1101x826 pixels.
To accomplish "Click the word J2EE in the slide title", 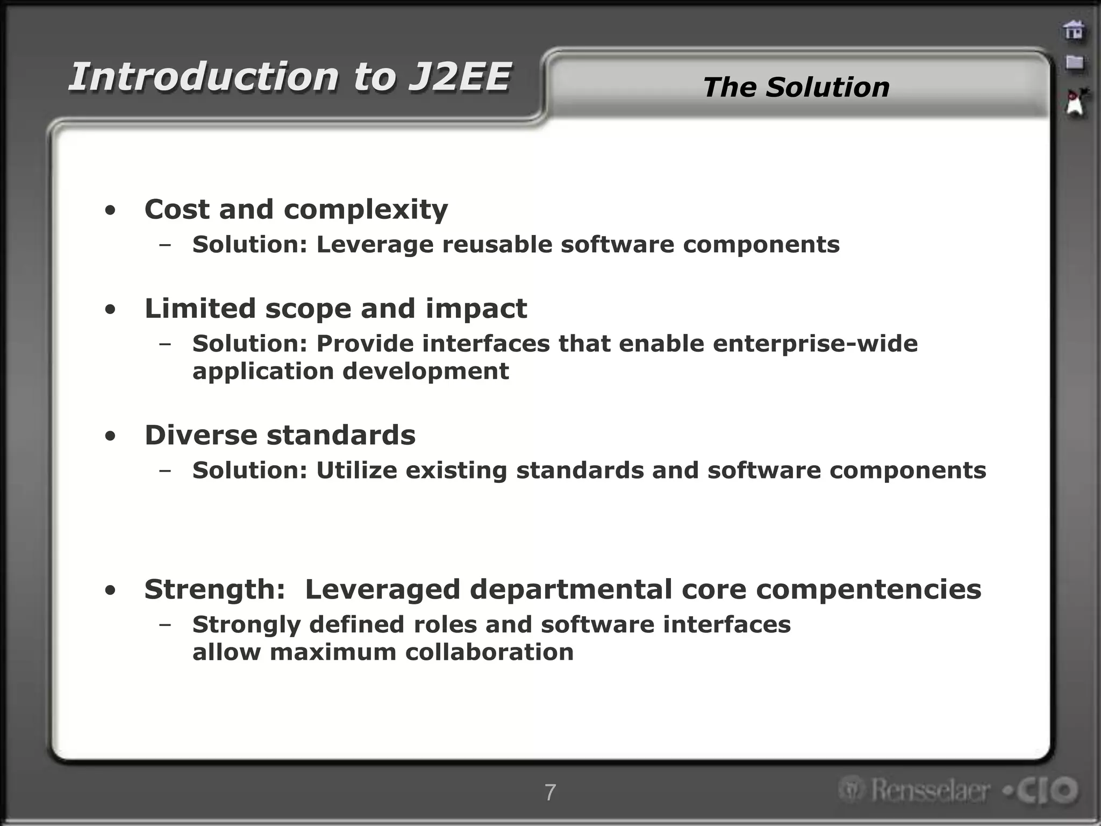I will pyautogui.click(x=459, y=77).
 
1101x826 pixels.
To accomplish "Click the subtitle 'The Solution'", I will pyautogui.click(x=796, y=87).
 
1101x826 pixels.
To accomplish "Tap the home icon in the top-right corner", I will pyautogui.click(x=1074, y=30).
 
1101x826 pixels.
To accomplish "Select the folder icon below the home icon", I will pyautogui.click(x=1074, y=62).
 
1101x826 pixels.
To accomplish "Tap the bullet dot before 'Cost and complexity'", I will pyautogui.click(x=110, y=211).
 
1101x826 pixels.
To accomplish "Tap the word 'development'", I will pyautogui.click(x=425, y=371).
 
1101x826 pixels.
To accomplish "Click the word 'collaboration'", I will pyautogui.click(x=489, y=652).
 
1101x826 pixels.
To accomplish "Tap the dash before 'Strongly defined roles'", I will pyautogui.click(x=165, y=624).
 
